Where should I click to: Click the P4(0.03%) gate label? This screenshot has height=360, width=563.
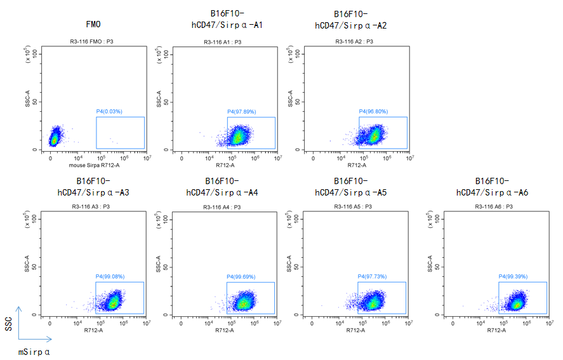pos(109,112)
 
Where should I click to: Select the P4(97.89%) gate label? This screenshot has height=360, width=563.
pos(242,112)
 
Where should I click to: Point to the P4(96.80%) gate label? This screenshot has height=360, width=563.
pos(373,112)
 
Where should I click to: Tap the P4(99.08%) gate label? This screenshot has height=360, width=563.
pos(110,277)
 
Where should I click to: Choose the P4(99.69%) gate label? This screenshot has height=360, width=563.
pos(241,277)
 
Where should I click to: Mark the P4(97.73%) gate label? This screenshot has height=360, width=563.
pos(373,277)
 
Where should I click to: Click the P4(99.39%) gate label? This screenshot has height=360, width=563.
pos(513,277)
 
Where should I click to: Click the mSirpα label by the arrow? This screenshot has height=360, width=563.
pos(34,351)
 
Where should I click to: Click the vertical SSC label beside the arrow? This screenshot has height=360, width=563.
pos(8,324)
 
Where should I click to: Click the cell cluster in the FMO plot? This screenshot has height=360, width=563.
pos(55,137)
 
